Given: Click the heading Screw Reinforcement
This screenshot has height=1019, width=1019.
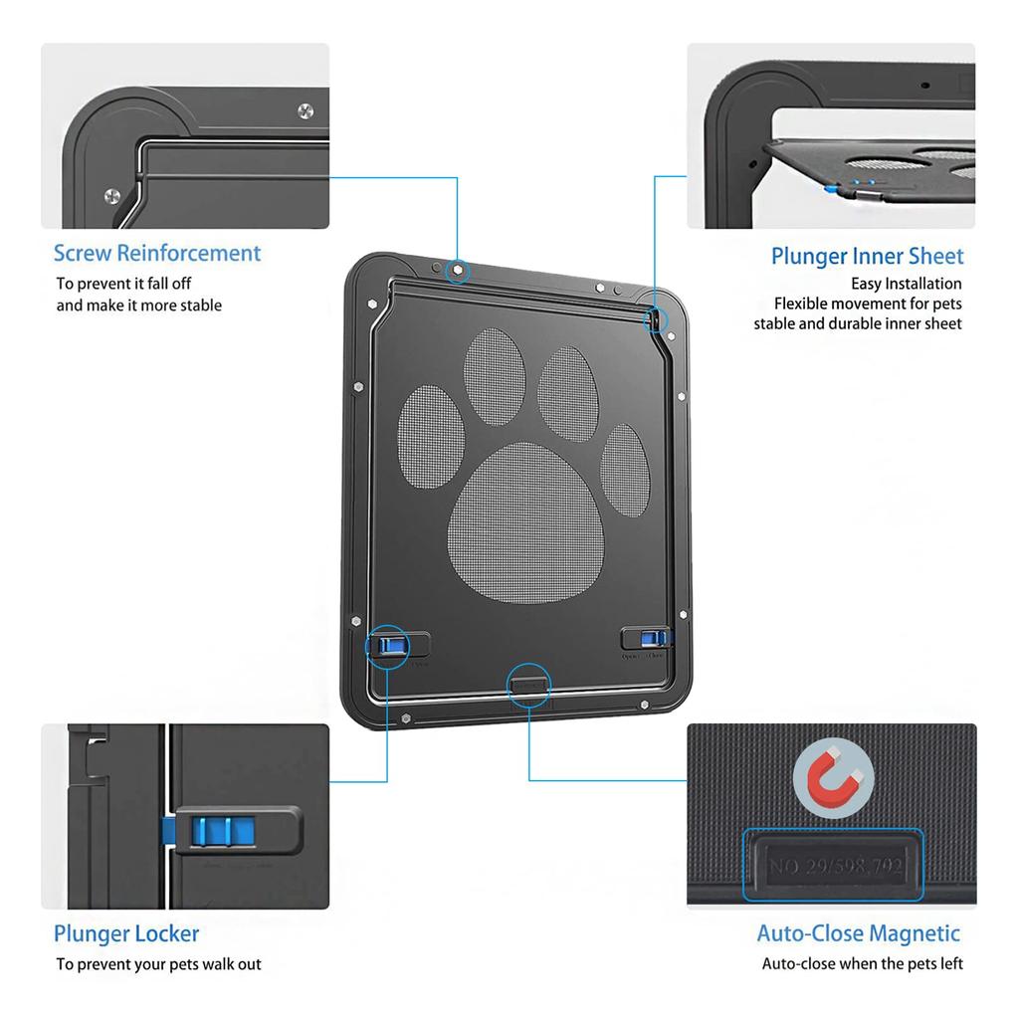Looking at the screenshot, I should click(157, 253).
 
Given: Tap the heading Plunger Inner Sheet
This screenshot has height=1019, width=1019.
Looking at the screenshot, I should click(867, 256).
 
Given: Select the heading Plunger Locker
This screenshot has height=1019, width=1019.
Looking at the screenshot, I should click(126, 933).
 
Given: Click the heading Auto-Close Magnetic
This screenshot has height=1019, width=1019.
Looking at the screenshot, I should click(858, 933).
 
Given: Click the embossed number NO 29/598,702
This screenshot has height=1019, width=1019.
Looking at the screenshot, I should click(834, 866).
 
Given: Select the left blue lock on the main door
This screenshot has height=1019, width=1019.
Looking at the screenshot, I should click(388, 646).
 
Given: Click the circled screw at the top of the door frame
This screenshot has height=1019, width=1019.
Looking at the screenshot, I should click(457, 269).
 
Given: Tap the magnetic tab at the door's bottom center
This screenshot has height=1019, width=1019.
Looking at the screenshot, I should click(528, 683).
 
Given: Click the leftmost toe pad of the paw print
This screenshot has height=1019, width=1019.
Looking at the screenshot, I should click(431, 438).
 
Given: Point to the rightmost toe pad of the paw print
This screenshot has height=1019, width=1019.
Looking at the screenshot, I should click(625, 470).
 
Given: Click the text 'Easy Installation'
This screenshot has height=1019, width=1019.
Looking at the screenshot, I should click(906, 284).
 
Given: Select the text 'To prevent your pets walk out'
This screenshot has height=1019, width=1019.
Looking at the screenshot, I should click(159, 963).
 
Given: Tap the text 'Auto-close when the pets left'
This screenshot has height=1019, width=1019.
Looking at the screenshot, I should click(862, 963).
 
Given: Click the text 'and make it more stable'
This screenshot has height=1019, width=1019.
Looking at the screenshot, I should click(138, 306).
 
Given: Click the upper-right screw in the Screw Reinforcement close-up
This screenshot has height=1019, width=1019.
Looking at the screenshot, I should click(306, 111).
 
